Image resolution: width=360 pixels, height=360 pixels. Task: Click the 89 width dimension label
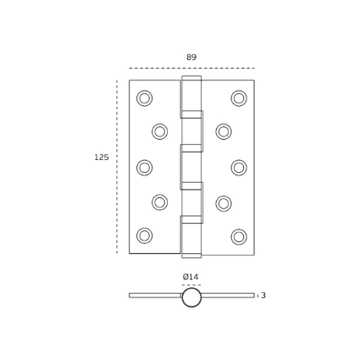pos(191,58)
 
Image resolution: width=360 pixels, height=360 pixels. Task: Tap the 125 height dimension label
pos(102,158)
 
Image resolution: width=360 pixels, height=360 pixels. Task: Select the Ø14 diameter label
pos(191,277)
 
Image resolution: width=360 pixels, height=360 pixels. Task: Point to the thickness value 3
pos(263,296)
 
